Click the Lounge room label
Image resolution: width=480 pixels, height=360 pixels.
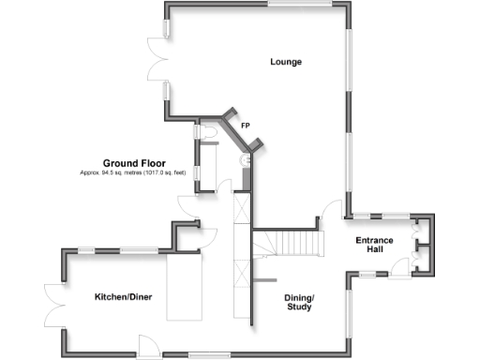286,62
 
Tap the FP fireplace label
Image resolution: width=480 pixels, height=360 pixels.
245,125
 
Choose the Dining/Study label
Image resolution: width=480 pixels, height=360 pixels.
299,302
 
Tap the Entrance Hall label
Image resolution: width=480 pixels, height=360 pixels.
374,246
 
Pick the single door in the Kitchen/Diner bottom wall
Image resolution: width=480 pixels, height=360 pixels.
150,345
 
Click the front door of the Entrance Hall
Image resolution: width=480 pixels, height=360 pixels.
397,268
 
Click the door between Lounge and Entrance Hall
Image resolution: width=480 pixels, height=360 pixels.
331,210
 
